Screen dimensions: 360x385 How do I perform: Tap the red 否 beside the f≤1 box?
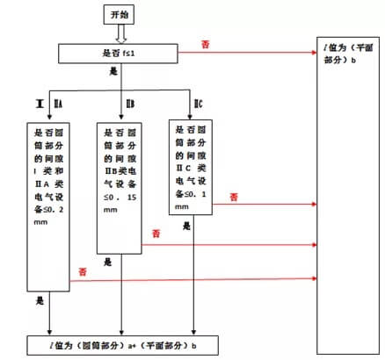[206, 43]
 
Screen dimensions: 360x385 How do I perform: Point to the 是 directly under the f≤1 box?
[112, 74]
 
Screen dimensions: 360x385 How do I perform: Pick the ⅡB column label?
[130, 105]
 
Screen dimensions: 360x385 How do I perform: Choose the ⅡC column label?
[199, 105]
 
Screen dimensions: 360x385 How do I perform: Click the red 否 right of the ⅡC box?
[234, 198]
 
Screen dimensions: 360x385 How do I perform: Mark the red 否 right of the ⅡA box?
[83, 266]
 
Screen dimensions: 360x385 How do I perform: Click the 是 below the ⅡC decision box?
[186, 225]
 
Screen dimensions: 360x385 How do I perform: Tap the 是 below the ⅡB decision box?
[107, 261]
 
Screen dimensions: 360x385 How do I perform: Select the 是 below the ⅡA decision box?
[40, 300]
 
